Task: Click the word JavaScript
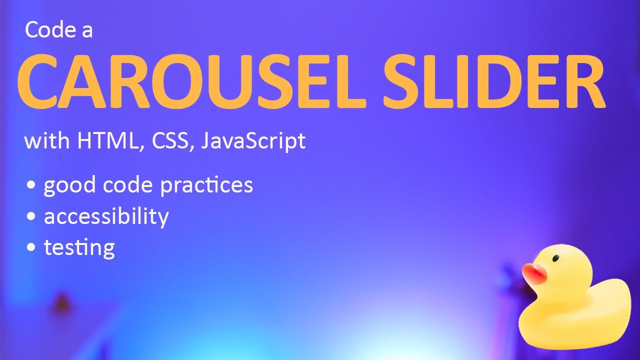pyautogui.click(x=253, y=142)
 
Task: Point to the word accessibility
pyautogui.click(x=106, y=216)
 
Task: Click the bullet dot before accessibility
pyautogui.click(x=32, y=217)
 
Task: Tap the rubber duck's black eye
pyautogui.click(x=555, y=259)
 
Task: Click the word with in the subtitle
pyautogui.click(x=46, y=141)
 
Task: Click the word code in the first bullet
pyautogui.click(x=127, y=185)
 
